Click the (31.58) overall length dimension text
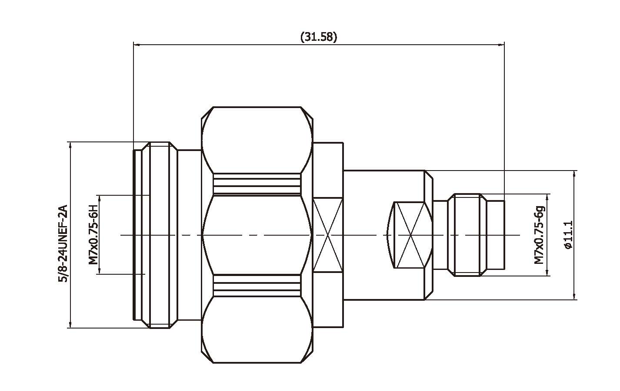[319, 37]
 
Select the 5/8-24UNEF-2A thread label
[63, 243]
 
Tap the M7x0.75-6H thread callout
[93, 234]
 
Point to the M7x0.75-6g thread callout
[539, 235]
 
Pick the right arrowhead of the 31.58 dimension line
[501, 44]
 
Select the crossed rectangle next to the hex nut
[328, 235]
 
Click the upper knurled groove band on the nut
[257, 184]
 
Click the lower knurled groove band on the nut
[257, 286]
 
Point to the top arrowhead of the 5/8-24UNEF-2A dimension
[70, 145]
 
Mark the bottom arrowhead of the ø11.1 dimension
[575, 296]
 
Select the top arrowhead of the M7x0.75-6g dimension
[547, 197]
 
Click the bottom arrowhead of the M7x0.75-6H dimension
[99, 271]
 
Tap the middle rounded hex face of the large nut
[257, 235]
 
